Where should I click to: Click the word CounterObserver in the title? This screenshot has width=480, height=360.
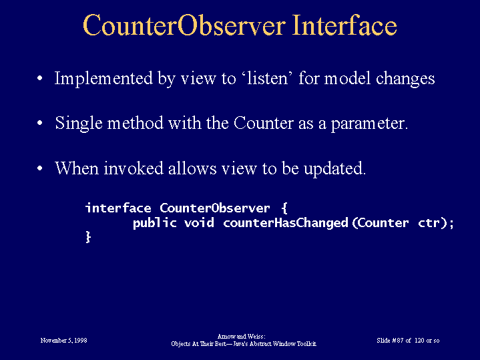tap(184, 25)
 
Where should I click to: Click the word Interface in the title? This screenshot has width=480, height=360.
tap(344, 25)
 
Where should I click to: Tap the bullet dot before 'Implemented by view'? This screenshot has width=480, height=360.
tap(40, 78)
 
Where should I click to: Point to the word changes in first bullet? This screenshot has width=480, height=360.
tap(405, 79)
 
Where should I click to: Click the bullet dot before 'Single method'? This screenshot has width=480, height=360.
tap(40, 123)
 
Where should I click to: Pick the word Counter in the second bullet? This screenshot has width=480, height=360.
tap(264, 123)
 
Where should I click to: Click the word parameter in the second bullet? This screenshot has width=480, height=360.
tap(369, 124)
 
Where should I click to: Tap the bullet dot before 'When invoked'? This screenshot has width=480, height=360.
tap(40, 168)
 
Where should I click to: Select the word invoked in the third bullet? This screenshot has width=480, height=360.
tap(134, 168)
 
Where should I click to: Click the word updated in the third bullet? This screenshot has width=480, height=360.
tap(334, 169)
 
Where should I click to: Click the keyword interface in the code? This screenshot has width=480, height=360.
tap(118, 208)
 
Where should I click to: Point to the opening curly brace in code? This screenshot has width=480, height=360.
tap(284, 208)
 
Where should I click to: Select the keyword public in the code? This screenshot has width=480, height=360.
tap(155, 222)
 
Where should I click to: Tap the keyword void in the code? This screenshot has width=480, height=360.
tap(199, 222)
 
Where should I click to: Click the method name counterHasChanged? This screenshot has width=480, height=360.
tap(286, 222)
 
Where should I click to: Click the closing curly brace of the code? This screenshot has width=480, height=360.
tap(88, 237)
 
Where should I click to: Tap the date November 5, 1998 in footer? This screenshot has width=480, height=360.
tap(63, 341)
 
